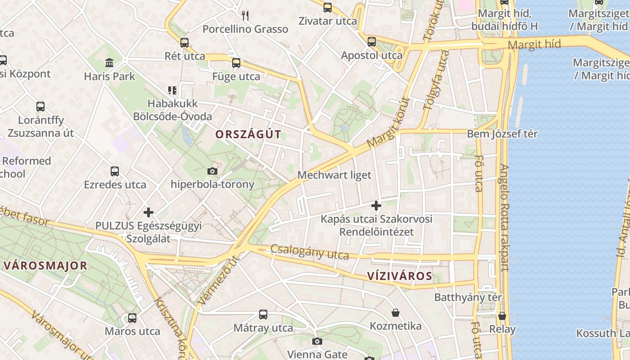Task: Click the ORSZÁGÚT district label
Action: point(248,134)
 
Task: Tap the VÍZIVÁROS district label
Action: point(400,276)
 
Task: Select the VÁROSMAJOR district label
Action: point(45,265)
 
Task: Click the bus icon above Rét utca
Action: point(184,43)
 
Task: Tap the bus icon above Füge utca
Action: point(236,63)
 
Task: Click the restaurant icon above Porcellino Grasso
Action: point(245,16)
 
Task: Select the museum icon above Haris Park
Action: point(109,63)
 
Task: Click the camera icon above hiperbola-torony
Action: point(212,171)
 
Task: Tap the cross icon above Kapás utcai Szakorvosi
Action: point(376,206)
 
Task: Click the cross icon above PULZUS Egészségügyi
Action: point(148,212)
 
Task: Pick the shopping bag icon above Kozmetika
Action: point(396,312)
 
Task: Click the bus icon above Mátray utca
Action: point(263,315)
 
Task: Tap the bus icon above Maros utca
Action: point(132,318)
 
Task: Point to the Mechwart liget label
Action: point(334,175)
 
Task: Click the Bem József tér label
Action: point(502,134)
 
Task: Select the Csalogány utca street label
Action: point(310,252)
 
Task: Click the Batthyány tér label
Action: point(468,297)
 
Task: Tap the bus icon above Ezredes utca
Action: point(115,171)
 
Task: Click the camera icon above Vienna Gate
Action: point(317,341)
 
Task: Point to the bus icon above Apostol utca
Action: point(372,42)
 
